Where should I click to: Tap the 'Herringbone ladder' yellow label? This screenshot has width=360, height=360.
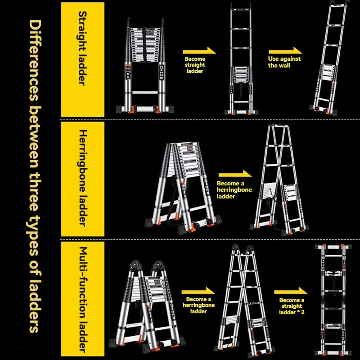(82, 178)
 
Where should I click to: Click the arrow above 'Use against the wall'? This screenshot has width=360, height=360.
(285, 50)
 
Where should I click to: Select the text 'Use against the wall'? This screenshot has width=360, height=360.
(284, 62)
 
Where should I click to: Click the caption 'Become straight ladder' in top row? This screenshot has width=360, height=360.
(194, 65)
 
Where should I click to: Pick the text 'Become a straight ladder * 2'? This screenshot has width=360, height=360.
(291, 306)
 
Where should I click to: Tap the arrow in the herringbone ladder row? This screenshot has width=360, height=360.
(234, 174)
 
